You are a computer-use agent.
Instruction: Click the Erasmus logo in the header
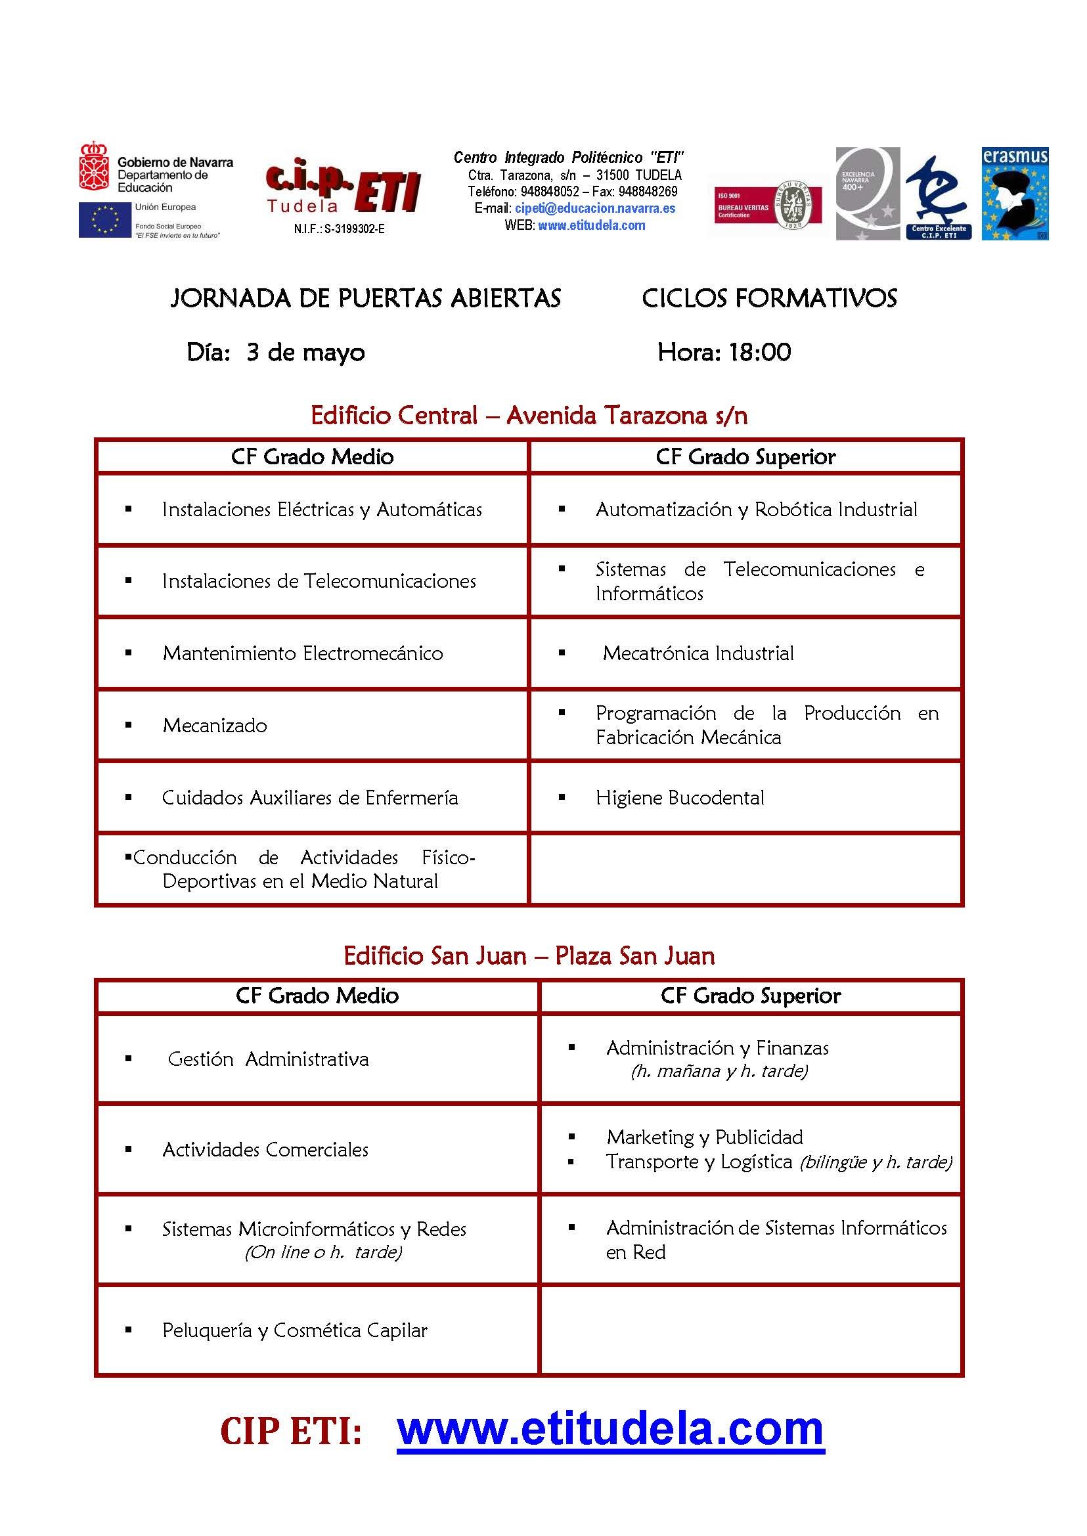pyautogui.click(x=1014, y=194)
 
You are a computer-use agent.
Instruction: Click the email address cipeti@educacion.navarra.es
pyautogui.click(x=594, y=208)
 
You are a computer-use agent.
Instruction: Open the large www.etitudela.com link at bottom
pyautogui.click(x=610, y=1429)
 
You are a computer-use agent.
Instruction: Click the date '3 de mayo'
pyautogui.click(x=305, y=353)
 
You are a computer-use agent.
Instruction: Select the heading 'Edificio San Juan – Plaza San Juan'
pyautogui.click(x=529, y=955)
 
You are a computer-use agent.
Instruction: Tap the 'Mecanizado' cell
pyautogui.click(x=214, y=726)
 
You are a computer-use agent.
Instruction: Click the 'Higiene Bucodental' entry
pyautogui.click(x=679, y=798)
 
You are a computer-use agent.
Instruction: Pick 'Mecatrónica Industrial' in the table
pyautogui.click(x=698, y=653)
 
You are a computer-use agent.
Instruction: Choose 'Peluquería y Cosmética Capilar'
pyautogui.click(x=294, y=1330)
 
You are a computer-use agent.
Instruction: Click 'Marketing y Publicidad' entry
pyautogui.click(x=704, y=1137)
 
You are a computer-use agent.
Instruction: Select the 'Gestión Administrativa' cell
pyautogui.click(x=268, y=1059)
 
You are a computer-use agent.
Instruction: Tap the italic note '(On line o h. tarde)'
pyautogui.click(x=323, y=1252)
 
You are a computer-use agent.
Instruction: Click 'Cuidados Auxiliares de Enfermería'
pyautogui.click(x=310, y=798)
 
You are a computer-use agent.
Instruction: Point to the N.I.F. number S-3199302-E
pyautogui.click(x=340, y=229)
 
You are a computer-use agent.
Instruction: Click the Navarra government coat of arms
pyautogui.click(x=94, y=166)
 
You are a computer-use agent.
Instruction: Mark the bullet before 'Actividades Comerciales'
pyautogui.click(x=128, y=1150)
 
